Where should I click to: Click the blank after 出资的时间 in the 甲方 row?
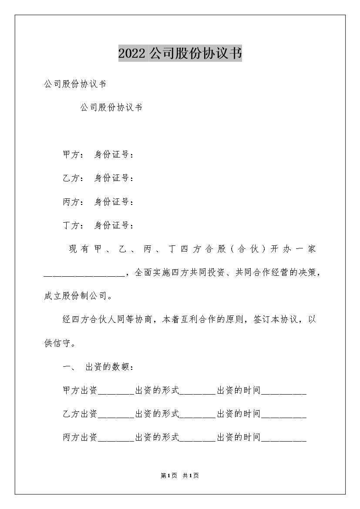(x=284, y=391)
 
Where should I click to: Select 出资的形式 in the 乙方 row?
(x=157, y=414)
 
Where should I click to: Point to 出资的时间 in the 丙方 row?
(x=239, y=437)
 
